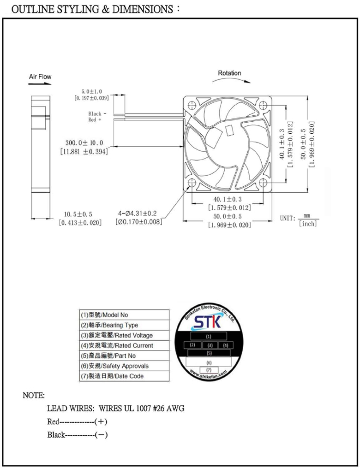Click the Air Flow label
(40, 77)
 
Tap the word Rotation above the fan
(229, 73)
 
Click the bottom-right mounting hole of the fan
(264, 183)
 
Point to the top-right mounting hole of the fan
(264, 104)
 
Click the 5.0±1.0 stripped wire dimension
(91, 91)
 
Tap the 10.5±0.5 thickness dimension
(78, 214)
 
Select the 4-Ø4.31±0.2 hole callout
(138, 214)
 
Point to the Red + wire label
(95, 119)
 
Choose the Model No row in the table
(123, 315)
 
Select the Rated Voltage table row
(123, 335)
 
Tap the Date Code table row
(123, 376)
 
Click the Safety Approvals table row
(123, 366)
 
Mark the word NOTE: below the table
(34, 395)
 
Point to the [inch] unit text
(307, 224)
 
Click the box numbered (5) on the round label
(209, 353)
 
